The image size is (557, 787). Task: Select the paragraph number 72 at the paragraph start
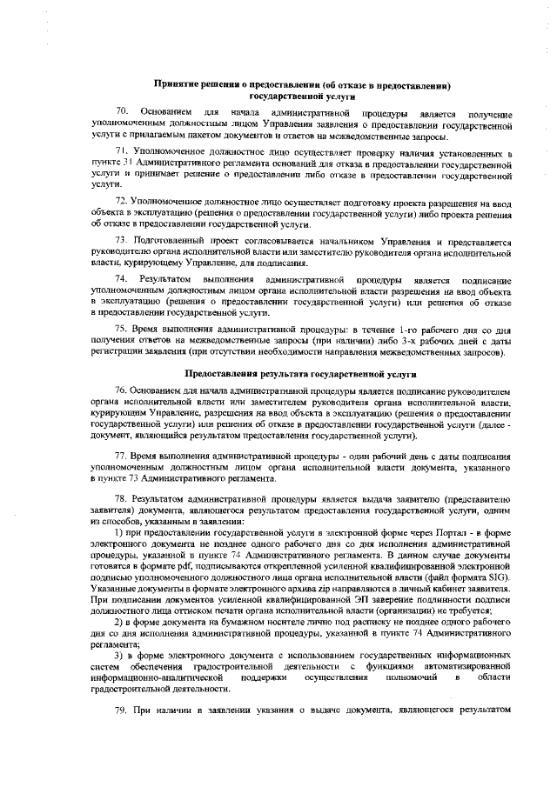click(x=123, y=202)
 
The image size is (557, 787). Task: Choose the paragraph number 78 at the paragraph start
click(x=123, y=499)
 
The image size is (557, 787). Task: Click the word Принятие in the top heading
click(x=177, y=86)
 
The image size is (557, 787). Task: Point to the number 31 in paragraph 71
click(x=127, y=163)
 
